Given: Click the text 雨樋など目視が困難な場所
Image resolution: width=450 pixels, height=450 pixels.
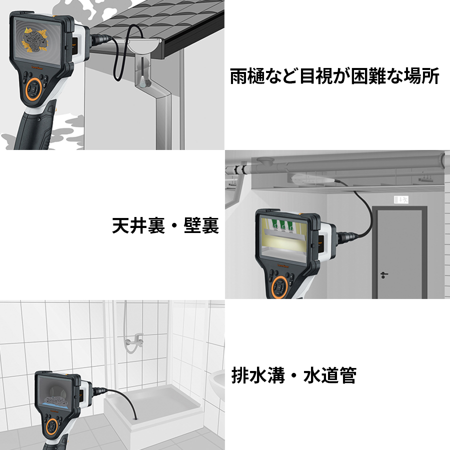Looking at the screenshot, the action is tap(334, 76).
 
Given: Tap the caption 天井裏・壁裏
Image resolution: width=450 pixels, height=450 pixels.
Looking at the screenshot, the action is tap(165, 225).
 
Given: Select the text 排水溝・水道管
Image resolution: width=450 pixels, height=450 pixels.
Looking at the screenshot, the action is tap(294, 375).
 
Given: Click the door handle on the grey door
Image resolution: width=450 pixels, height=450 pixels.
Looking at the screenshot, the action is tap(383, 275).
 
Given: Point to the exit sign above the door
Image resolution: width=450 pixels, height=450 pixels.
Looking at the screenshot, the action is tap(401, 199).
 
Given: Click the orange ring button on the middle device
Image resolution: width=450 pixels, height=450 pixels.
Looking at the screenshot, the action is tap(279, 287).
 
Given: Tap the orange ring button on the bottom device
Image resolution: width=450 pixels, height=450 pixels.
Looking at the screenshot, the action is tap(52, 427).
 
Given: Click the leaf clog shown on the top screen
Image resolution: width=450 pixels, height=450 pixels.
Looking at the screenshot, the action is tap(35, 40).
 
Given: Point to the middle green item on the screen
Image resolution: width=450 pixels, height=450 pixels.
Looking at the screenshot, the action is tap(282, 225).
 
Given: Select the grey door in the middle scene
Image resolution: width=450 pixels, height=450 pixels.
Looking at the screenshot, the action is tap(399, 252).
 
